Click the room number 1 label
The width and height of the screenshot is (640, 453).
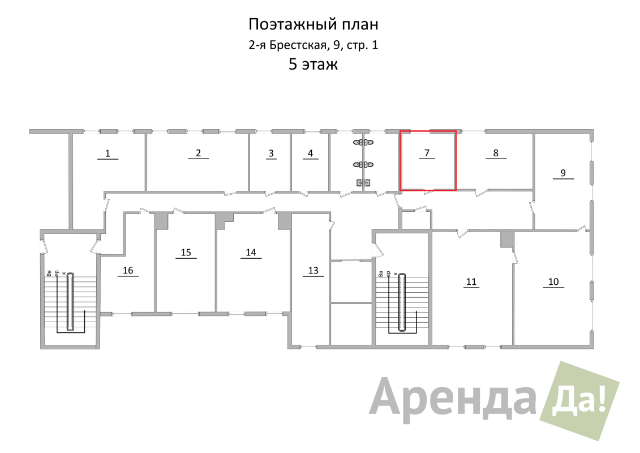108,153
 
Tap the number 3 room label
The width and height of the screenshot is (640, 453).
271,153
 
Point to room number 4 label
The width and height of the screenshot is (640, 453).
310,153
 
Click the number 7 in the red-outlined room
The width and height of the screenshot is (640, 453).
427,153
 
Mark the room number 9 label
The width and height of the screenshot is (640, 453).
563,173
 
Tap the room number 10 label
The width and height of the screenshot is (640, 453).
553,281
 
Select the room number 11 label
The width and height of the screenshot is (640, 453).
471,281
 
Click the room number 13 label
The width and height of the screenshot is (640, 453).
313,270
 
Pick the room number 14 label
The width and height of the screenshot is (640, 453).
251,252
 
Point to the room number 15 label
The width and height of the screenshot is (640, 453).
186,252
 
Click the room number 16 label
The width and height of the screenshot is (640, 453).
128,270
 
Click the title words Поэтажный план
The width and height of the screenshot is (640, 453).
313,25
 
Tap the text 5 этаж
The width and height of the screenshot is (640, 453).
313,65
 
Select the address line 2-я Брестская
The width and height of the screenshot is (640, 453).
313,45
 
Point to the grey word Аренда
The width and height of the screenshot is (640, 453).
453,399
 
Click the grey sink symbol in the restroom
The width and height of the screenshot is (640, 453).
363,182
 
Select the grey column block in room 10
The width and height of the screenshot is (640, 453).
507,240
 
